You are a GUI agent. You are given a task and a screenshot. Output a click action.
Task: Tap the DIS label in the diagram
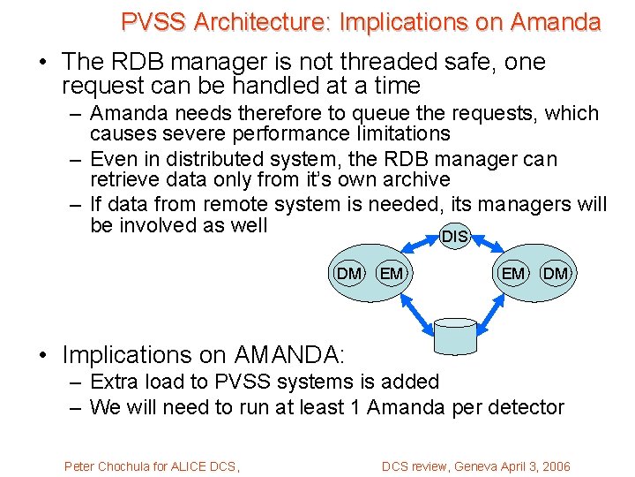tap(454, 237)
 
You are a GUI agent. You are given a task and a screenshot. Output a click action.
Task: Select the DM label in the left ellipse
tap(349, 274)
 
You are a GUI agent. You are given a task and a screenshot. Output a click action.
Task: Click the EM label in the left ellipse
tap(391, 274)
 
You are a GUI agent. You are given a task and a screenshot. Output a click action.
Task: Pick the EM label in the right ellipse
tap(512, 274)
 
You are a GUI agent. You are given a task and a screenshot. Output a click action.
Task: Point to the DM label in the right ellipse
tap(556, 274)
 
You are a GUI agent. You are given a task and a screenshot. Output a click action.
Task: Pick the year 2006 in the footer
tap(553, 466)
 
